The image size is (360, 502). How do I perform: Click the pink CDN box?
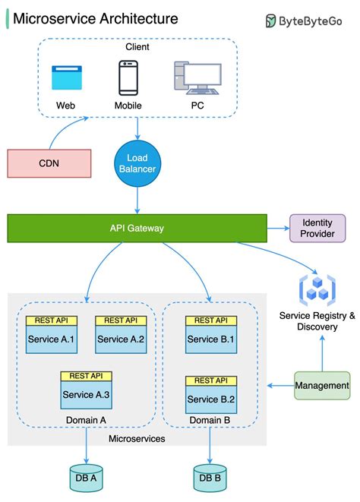[x=49, y=163]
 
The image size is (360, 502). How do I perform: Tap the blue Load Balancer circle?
[x=137, y=163]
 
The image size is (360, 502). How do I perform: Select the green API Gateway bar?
[x=137, y=228]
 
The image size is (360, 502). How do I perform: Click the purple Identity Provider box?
[x=317, y=228]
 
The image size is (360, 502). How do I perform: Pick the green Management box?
[x=322, y=386]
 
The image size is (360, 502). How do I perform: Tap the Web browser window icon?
[x=65, y=79]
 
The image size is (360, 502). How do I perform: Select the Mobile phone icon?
[x=128, y=77]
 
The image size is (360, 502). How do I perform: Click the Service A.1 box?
[x=51, y=339]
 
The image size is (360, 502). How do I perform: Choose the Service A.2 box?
[x=121, y=339]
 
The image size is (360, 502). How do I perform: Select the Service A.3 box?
[x=86, y=394]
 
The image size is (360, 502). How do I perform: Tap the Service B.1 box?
[x=210, y=339]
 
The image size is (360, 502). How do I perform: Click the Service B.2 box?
[x=210, y=399]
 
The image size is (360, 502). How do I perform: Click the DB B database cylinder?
[x=210, y=477]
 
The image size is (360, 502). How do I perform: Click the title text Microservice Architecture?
[x=96, y=19]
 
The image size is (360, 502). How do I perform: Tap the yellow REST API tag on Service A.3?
[x=86, y=376]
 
